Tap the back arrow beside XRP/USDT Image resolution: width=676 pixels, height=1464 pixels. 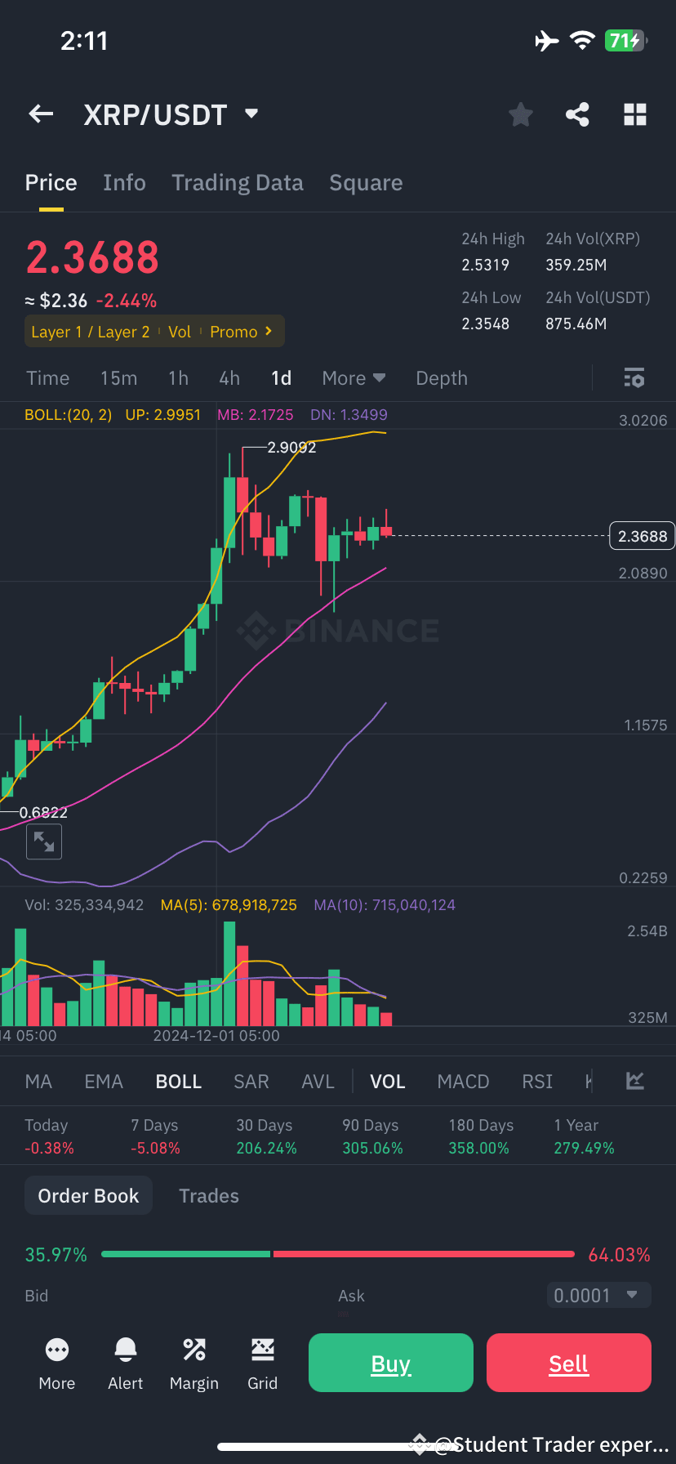point(42,114)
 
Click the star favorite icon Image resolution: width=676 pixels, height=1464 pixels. point(520,114)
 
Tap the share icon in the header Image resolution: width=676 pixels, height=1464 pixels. point(577,114)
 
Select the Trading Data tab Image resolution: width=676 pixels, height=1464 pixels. point(237,183)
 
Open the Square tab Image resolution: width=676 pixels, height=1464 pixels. point(366,183)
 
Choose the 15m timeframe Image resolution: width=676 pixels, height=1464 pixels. point(118,378)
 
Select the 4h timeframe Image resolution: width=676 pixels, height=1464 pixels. point(229,378)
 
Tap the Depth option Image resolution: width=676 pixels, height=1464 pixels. point(442,378)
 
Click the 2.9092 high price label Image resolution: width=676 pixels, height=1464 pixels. point(291,448)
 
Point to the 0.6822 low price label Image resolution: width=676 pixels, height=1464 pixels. point(43,812)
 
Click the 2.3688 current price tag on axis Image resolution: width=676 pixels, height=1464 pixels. point(642,536)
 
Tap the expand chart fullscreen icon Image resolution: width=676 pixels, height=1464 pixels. point(44,841)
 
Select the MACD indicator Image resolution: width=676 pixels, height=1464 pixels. point(463,1082)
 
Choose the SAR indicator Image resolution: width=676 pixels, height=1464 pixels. point(251,1082)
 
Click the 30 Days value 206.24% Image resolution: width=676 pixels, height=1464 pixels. point(266,1148)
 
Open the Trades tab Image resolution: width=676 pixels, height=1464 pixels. point(209,1196)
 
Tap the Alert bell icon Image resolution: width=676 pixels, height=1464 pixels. point(126,1350)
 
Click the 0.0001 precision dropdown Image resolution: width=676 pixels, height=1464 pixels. point(598,1295)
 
